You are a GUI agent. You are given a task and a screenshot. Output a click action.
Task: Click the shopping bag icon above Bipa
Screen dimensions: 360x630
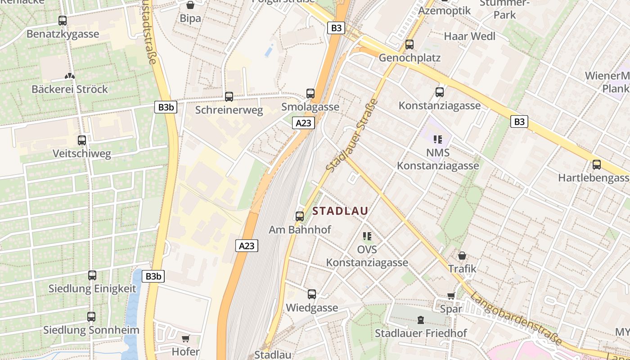(x=190, y=5)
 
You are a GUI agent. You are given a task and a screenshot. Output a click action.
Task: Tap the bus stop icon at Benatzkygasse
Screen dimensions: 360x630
(x=63, y=20)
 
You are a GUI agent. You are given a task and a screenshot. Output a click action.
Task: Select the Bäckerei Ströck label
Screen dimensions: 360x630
(x=70, y=89)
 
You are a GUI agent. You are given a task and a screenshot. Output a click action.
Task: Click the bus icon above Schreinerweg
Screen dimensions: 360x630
(x=229, y=96)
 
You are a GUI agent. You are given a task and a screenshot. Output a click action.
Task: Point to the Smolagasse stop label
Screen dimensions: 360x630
(x=310, y=107)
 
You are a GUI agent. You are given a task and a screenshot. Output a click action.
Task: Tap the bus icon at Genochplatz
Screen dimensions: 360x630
(x=409, y=45)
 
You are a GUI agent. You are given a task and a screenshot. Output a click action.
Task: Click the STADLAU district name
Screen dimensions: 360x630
(x=340, y=211)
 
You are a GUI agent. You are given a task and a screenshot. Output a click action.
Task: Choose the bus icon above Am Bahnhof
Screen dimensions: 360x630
(x=300, y=216)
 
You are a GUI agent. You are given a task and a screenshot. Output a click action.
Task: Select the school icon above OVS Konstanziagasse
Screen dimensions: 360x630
(x=367, y=236)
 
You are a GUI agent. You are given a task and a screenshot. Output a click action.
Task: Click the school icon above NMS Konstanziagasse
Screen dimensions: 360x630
(x=437, y=139)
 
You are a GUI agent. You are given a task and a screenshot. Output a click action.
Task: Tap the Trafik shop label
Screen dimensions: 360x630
(x=462, y=269)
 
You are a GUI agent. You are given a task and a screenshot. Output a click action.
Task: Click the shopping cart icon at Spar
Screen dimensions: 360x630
(x=451, y=296)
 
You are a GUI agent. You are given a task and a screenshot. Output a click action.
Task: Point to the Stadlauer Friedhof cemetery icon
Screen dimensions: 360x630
(x=420, y=320)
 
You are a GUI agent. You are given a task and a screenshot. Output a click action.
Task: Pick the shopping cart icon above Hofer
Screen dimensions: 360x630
(x=185, y=338)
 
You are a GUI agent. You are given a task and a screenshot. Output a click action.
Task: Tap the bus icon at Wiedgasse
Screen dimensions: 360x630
(x=312, y=294)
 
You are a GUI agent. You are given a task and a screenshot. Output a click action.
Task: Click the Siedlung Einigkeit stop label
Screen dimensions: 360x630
(x=92, y=289)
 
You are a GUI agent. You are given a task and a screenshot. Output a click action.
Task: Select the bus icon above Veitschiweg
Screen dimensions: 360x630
(x=82, y=140)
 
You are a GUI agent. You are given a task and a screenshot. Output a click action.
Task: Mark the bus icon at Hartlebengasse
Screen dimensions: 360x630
(x=597, y=165)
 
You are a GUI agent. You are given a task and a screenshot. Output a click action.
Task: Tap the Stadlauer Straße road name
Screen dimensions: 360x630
(x=351, y=135)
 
